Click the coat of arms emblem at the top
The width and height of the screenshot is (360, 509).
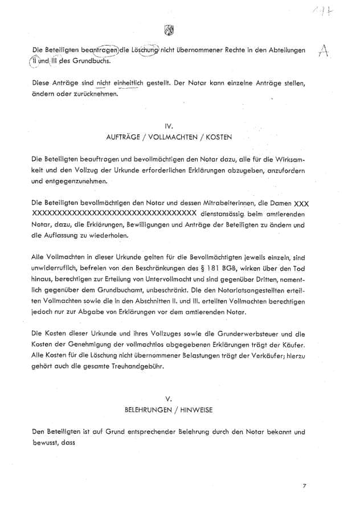click(x=169, y=30)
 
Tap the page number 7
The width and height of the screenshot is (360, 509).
click(x=305, y=486)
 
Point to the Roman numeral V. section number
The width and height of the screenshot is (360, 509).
click(x=169, y=399)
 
